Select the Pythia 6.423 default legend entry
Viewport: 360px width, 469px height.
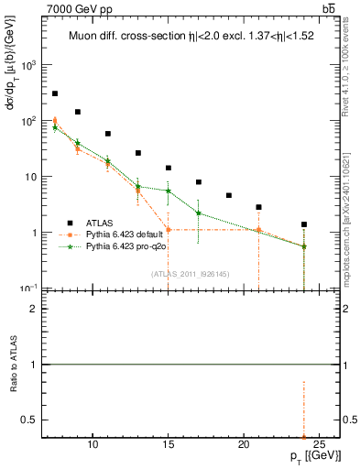point(124,234)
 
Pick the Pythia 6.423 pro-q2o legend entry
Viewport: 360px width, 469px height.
point(125,247)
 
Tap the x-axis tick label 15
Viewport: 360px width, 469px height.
point(169,444)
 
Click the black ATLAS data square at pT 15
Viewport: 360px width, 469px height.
point(169,168)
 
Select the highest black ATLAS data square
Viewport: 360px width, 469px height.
point(55,93)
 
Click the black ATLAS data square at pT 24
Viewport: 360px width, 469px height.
point(304,224)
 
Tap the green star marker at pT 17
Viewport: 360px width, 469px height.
point(199,213)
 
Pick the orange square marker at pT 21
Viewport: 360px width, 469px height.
point(259,230)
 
